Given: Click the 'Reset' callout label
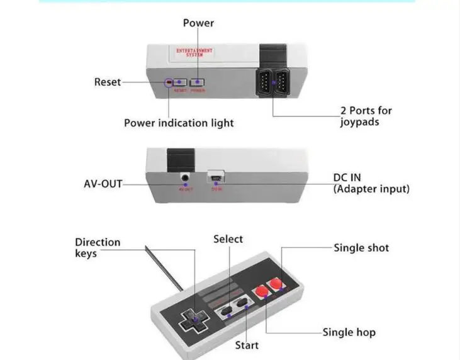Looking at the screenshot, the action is point(108,82).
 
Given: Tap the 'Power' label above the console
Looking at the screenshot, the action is point(198,23).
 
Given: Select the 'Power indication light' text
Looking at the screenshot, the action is point(179,123).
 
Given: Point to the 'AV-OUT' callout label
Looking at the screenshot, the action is point(103,184).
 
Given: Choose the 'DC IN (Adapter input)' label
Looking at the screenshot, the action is point(371,183).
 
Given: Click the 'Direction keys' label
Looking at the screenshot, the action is point(98,247).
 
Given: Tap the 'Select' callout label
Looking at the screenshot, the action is point(228,239).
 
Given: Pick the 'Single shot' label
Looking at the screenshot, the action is point(361,248).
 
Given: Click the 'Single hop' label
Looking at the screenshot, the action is point(349,332).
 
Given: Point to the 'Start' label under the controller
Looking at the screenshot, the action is point(247,345).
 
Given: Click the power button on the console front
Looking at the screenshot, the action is point(198,82).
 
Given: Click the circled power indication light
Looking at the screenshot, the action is point(169,82).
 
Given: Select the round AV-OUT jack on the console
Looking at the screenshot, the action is point(185,179).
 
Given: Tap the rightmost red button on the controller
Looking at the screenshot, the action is point(275,286).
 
